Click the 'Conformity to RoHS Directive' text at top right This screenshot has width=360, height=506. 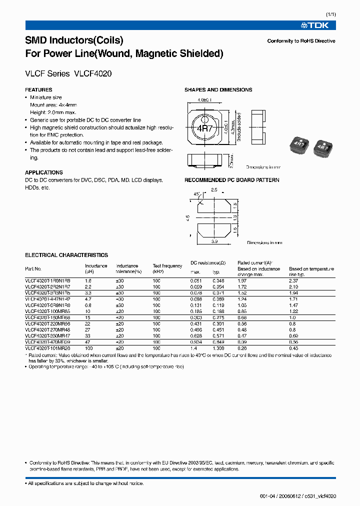(301, 41)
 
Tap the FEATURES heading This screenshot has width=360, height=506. (38, 90)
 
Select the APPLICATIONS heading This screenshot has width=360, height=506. (44, 172)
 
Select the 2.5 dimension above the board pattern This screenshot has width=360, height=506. (214, 190)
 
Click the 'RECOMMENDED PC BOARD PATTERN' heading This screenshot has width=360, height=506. (231, 180)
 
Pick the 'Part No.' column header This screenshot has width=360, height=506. (33, 269)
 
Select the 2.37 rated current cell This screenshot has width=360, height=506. (293, 281)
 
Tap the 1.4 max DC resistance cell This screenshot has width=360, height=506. (193, 347)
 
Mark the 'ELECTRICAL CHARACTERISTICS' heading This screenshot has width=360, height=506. (66, 255)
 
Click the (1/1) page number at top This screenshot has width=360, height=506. (330, 14)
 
